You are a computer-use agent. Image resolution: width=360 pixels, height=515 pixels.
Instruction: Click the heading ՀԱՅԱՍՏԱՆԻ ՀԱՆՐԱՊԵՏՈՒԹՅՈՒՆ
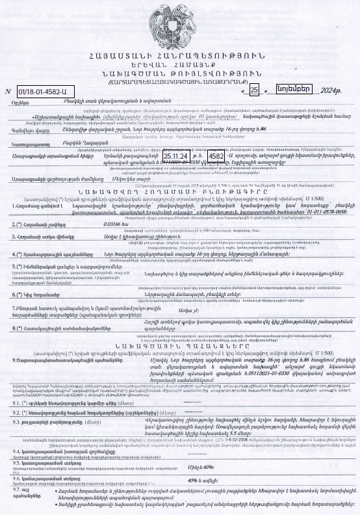click(179, 59)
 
